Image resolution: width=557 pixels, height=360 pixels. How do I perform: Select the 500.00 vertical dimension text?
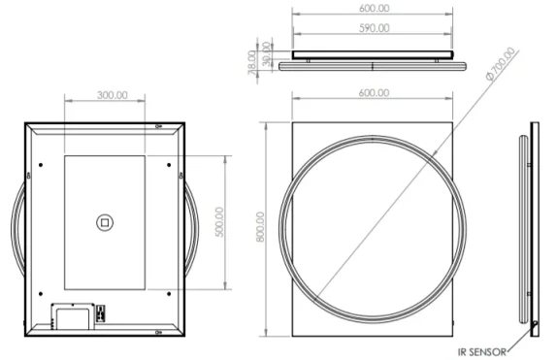pyautogui.click(x=219, y=222)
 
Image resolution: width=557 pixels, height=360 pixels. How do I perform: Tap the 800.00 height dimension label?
pyautogui.click(x=259, y=229)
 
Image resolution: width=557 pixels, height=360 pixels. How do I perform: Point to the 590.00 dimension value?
pyautogui.click(x=373, y=28)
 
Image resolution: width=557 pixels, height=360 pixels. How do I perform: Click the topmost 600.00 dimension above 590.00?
pyautogui.click(x=373, y=8)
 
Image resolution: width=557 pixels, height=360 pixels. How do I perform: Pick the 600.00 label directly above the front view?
pyautogui.click(x=373, y=92)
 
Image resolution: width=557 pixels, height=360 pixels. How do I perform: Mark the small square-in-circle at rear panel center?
pyautogui.click(x=104, y=222)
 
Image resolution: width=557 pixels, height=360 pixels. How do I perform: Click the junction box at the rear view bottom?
pyautogui.click(x=70, y=314)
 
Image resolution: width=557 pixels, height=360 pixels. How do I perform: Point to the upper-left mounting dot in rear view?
pyautogui.click(x=40, y=164)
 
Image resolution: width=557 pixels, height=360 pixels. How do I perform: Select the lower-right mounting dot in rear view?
pyautogui.click(x=170, y=292)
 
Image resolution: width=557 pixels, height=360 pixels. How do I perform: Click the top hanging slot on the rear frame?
pyautogui.click(x=158, y=125)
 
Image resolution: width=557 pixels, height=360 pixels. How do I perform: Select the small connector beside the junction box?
pyautogui.click(x=100, y=312)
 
